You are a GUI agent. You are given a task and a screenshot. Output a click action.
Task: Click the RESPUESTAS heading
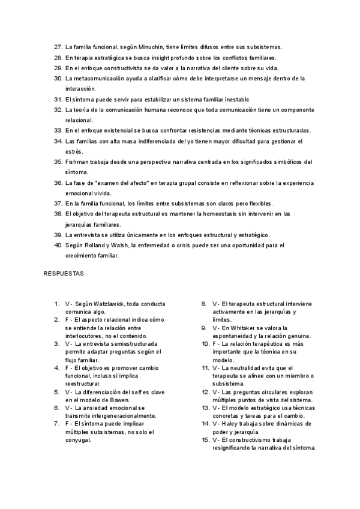tap(63, 274)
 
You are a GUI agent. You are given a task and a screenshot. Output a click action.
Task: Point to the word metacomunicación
tap(100, 78)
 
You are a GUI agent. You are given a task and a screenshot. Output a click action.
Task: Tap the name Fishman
tap(77, 161)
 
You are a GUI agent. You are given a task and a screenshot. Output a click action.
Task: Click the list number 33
tap(58, 130)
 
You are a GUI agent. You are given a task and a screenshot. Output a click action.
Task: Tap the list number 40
tap(58, 245)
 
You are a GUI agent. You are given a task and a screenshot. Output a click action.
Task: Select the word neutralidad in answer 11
tap(247, 368)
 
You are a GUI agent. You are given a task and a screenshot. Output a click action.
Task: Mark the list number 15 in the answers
tap(204, 440)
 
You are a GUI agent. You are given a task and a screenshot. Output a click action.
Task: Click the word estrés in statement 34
tap(72, 151)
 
